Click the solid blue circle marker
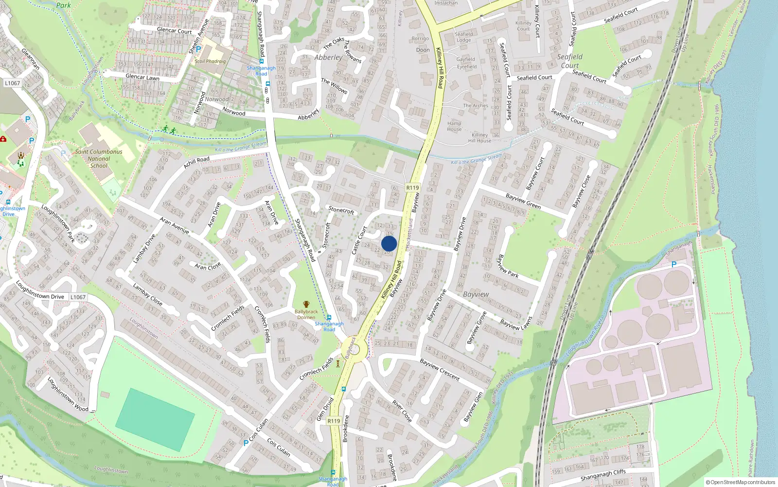point(389,243)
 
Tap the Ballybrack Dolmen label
point(306,314)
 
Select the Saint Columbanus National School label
point(99,159)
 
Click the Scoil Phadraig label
point(210,61)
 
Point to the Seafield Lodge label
point(463,37)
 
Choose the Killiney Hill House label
point(479,138)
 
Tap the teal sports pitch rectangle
point(155,413)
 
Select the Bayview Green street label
point(523,201)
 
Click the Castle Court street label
point(359,240)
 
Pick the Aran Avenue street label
point(174,225)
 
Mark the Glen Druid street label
point(325,409)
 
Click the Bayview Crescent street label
point(439,369)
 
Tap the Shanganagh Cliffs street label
point(603,475)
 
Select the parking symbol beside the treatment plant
point(674,264)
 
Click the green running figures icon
point(169,130)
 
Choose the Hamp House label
point(454,126)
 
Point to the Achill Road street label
point(196,162)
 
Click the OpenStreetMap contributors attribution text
point(741,482)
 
